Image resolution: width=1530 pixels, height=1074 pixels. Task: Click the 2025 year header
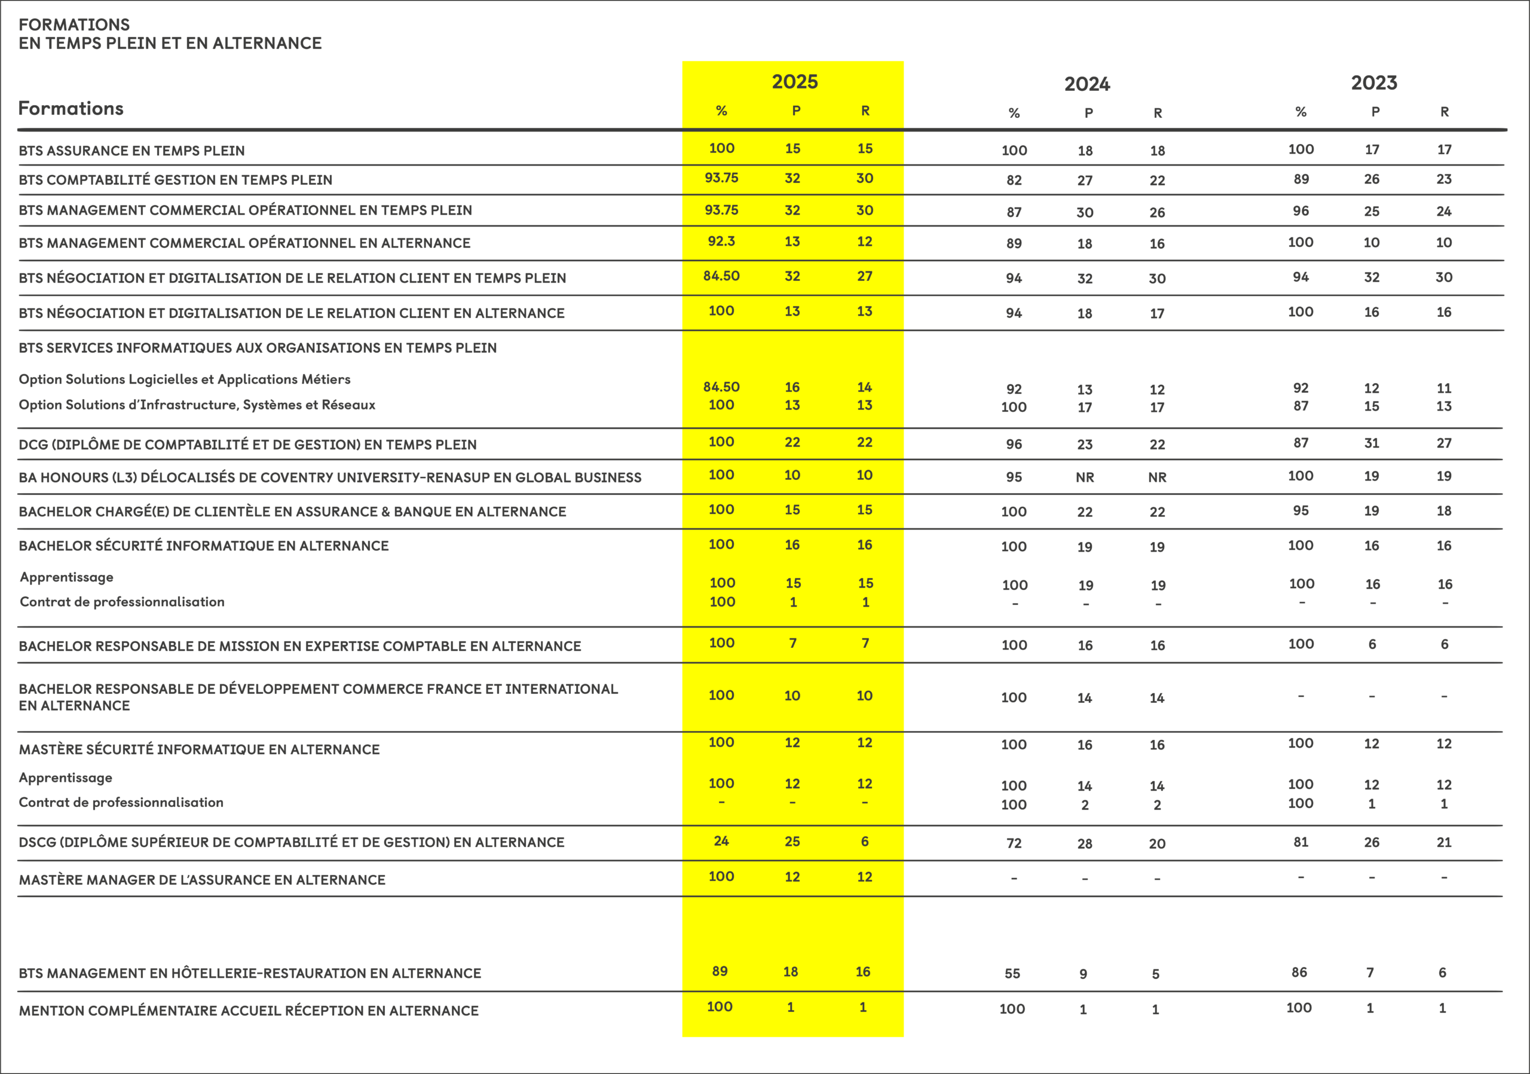click(794, 82)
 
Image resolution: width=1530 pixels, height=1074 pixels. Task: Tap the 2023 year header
click(1373, 83)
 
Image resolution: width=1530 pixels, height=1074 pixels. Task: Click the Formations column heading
click(71, 109)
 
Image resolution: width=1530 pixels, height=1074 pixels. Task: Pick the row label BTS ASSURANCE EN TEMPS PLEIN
click(131, 151)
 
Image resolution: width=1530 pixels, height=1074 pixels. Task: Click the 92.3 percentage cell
click(721, 241)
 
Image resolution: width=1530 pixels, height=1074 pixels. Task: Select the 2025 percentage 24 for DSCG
click(721, 842)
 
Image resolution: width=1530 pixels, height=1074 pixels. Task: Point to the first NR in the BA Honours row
click(1084, 478)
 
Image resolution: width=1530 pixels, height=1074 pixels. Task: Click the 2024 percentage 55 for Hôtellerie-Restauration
click(1012, 974)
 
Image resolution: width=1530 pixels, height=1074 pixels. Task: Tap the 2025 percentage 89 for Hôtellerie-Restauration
click(720, 971)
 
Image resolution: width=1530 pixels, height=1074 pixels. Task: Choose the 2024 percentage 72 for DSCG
click(1014, 843)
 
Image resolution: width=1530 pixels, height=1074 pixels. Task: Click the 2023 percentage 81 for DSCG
click(1300, 842)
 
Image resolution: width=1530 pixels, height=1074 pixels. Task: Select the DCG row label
click(247, 445)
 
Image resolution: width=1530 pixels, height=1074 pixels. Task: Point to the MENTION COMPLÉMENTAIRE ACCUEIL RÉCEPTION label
click(249, 1011)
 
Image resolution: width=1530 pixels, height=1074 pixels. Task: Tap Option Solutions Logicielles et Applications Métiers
click(185, 380)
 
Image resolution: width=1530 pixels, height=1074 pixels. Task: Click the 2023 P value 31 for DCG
click(1371, 443)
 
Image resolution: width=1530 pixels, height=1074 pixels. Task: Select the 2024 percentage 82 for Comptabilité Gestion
click(1014, 180)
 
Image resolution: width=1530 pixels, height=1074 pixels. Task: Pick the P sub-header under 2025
click(795, 111)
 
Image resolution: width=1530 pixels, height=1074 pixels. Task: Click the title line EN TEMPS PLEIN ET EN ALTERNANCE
click(170, 43)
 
